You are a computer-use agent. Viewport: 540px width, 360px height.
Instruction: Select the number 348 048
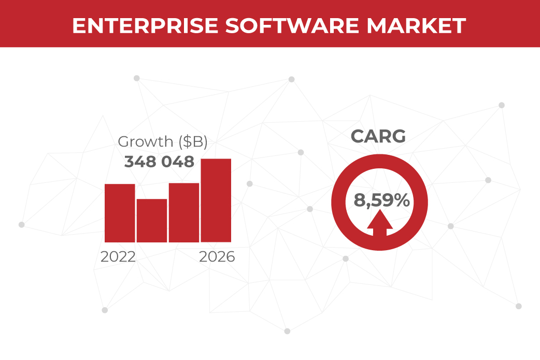[x=159, y=162]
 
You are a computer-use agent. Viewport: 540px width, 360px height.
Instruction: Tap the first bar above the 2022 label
[x=120, y=213]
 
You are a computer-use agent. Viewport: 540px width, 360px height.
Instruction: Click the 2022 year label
[x=118, y=256]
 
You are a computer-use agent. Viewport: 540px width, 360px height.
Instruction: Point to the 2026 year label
[x=217, y=256]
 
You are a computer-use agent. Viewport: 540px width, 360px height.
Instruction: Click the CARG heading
[x=378, y=136]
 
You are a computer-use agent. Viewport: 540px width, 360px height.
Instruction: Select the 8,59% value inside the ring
[x=381, y=200]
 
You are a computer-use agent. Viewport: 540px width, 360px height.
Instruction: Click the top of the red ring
[x=379, y=160]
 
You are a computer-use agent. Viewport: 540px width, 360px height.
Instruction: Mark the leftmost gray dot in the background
[x=21, y=225]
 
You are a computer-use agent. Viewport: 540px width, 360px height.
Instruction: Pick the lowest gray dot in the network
[x=287, y=331]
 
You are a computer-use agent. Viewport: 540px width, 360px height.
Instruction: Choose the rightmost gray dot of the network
[x=518, y=306]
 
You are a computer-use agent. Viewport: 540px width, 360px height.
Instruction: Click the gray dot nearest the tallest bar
[x=250, y=184]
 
